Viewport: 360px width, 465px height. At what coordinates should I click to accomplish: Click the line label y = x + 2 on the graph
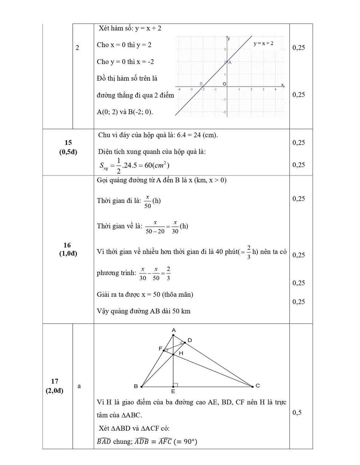click(263, 44)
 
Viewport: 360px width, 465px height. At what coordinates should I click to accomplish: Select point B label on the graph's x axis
click(201, 84)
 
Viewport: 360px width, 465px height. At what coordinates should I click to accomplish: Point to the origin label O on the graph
click(224, 84)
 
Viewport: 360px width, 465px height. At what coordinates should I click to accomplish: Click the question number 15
click(68, 142)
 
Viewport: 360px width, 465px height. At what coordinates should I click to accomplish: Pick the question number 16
click(68, 245)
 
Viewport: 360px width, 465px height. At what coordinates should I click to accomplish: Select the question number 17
click(55, 381)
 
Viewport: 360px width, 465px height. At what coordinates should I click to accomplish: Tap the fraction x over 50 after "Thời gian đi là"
click(148, 201)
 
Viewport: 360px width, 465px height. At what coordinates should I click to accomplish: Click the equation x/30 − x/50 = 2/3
click(155, 273)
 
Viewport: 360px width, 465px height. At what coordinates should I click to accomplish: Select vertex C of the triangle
click(257, 385)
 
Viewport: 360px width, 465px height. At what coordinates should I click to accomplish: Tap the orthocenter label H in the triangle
click(181, 353)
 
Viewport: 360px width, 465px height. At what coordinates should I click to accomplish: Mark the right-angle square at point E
click(175, 385)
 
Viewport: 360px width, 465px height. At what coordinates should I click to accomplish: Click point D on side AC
click(189, 340)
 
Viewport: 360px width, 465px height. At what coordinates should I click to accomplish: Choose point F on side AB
click(160, 349)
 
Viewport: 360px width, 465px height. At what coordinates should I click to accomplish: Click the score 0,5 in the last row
click(297, 412)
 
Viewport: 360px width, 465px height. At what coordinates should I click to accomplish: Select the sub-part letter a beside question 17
click(79, 386)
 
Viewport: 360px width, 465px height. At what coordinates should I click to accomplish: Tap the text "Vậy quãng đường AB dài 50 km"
click(144, 311)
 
